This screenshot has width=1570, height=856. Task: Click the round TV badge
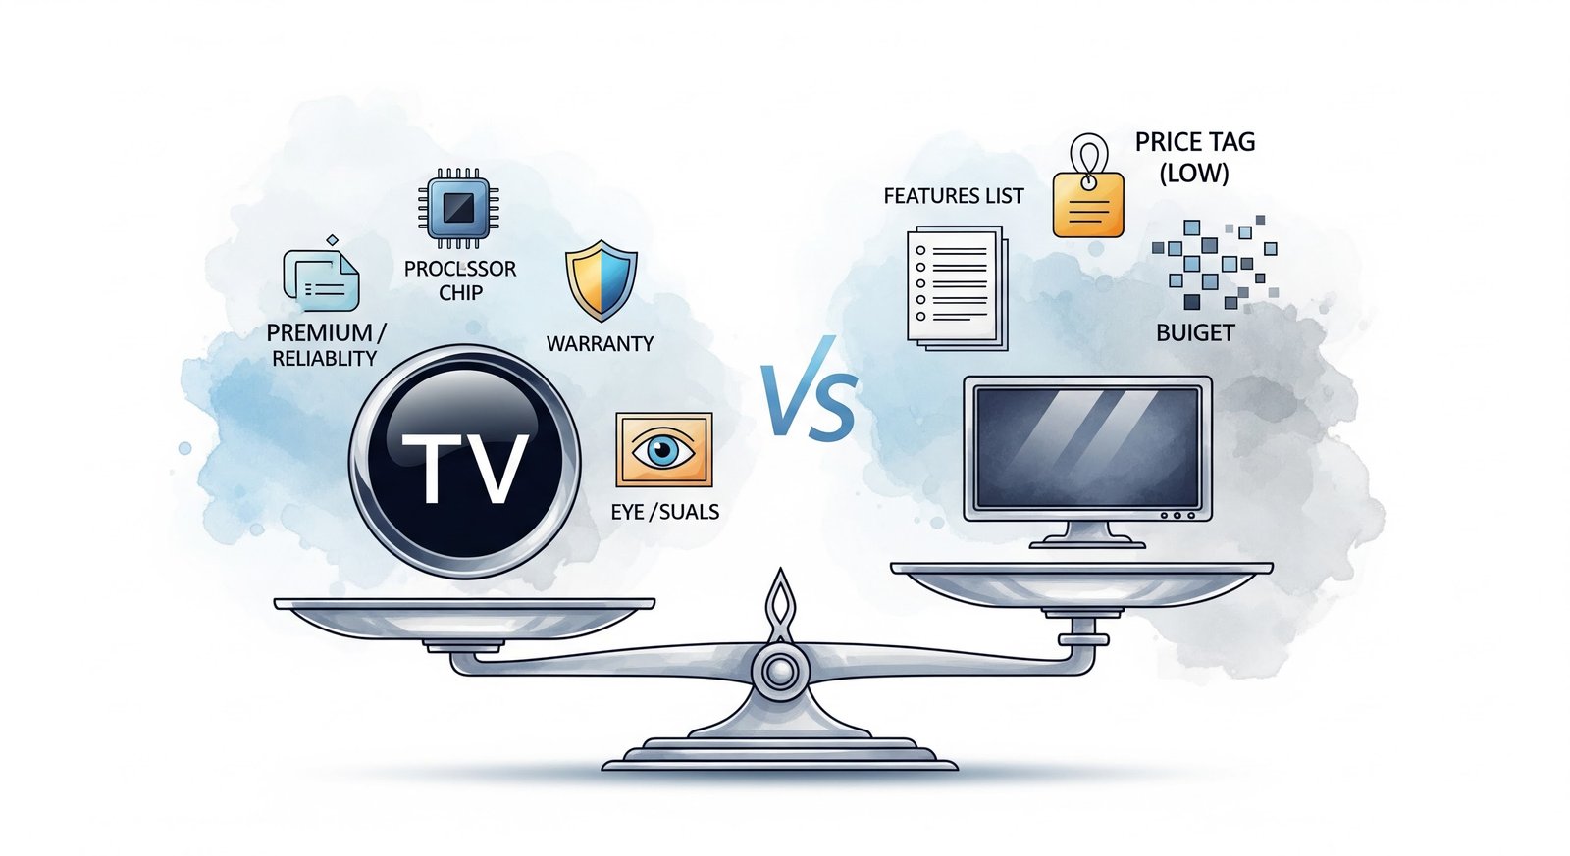point(464,461)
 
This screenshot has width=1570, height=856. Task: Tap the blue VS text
point(809,402)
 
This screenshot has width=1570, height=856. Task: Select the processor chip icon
point(458,207)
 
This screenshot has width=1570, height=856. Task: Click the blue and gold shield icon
point(601,280)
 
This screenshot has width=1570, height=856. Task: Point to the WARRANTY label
point(600,344)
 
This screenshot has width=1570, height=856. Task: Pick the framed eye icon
point(663,450)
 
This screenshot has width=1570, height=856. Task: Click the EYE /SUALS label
point(664,512)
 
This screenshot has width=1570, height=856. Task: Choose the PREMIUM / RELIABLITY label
point(325,345)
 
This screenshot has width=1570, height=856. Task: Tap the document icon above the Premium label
point(321,280)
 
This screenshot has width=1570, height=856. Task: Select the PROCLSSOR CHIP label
point(460,280)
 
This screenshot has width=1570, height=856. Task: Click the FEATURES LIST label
point(953,196)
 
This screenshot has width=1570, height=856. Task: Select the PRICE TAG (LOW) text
point(1194,157)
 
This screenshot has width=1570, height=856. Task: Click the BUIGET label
point(1194,333)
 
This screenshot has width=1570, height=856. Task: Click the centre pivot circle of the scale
point(780,672)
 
